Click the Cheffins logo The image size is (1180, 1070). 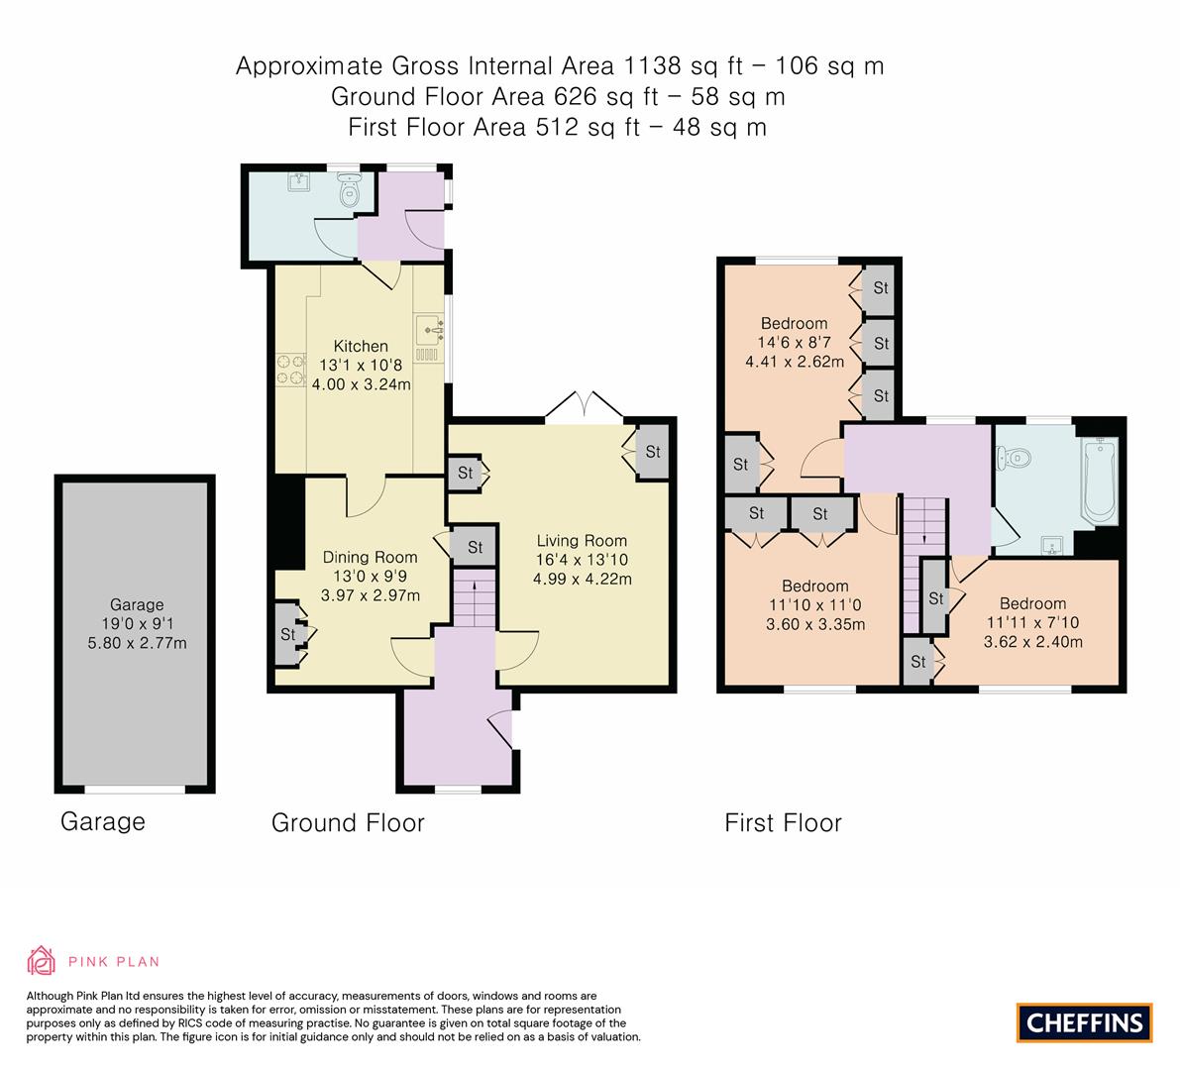[1084, 1021]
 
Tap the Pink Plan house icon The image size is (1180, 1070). [42, 960]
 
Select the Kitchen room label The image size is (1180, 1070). [361, 346]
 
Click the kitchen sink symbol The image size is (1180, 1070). [428, 327]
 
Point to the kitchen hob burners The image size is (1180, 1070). [289, 369]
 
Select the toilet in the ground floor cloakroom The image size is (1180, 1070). [348, 190]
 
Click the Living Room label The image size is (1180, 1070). [582, 540]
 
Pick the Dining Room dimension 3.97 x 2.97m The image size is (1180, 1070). [371, 594]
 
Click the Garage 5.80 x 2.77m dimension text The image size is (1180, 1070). [137, 643]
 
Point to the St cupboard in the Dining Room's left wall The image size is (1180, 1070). [289, 634]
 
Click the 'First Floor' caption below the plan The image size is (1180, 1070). [783, 822]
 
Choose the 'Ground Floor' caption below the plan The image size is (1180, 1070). [348, 822]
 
